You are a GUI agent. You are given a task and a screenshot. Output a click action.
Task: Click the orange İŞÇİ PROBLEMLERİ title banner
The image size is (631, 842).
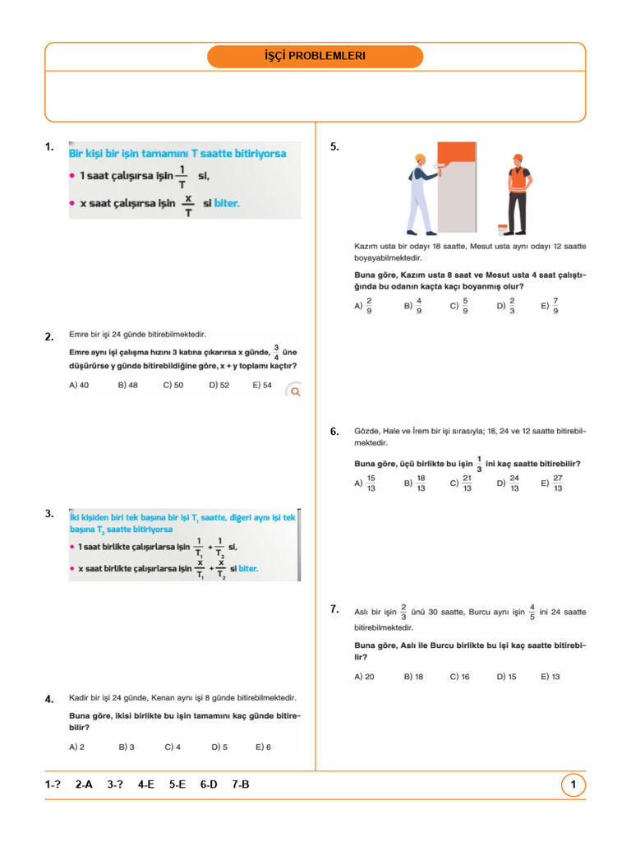pyautogui.click(x=315, y=57)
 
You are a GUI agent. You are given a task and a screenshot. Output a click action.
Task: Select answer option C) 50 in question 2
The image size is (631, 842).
pyautogui.click(x=173, y=385)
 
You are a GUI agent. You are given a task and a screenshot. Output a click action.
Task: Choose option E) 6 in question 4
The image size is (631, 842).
pyautogui.click(x=263, y=747)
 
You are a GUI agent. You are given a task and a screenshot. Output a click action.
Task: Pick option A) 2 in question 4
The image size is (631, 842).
pyautogui.click(x=77, y=747)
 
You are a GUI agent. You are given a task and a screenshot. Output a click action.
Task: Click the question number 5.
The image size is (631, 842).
pyautogui.click(x=334, y=147)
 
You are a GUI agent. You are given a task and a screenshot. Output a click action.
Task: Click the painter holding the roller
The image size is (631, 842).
pyautogui.click(x=423, y=192)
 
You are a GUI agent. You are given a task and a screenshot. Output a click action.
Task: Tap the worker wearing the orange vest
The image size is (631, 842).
pyautogui.click(x=518, y=192)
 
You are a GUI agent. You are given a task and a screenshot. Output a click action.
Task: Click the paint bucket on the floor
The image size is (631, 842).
pyautogui.click(x=502, y=228)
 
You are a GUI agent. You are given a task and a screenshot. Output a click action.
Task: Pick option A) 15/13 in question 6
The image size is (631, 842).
pyautogui.click(x=366, y=483)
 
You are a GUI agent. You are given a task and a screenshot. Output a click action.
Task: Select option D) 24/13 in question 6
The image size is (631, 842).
pyautogui.click(x=509, y=483)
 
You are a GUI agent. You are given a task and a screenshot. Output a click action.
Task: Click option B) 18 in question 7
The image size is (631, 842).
pyautogui.click(x=413, y=677)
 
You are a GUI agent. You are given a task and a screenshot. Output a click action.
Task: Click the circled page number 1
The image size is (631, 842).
pyautogui.click(x=573, y=785)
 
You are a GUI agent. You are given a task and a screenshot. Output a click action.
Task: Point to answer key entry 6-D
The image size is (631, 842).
pyautogui.click(x=209, y=785)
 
